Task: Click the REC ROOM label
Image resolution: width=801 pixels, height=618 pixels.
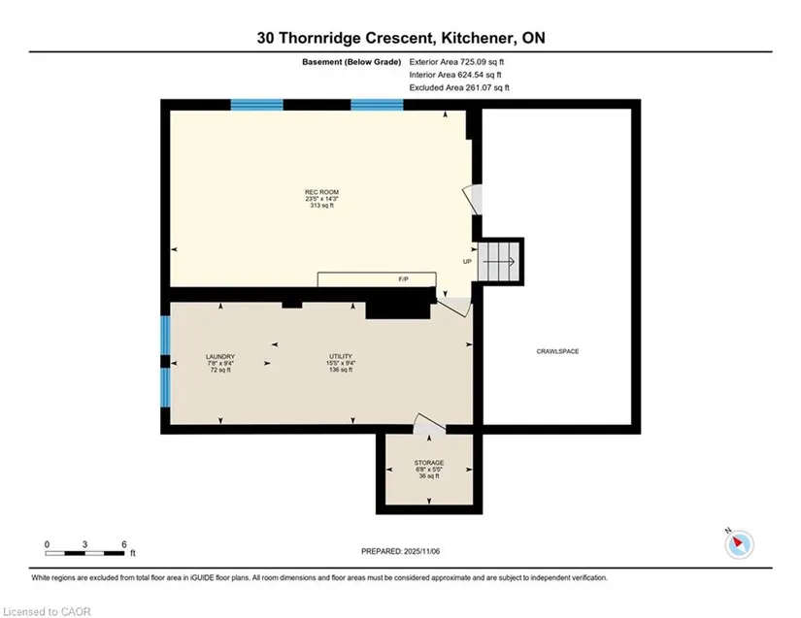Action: click(321, 192)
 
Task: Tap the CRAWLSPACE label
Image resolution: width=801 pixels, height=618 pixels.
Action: click(557, 351)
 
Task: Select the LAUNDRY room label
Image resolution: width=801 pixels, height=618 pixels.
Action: click(220, 356)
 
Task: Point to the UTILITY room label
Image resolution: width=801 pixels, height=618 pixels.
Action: click(341, 356)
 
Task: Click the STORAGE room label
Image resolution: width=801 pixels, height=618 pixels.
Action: click(429, 463)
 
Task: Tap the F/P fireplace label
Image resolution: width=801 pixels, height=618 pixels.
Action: click(403, 279)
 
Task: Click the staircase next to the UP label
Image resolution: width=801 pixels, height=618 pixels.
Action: click(499, 261)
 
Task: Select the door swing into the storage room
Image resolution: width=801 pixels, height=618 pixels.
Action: click(429, 424)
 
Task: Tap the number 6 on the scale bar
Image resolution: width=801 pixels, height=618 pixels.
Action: click(124, 544)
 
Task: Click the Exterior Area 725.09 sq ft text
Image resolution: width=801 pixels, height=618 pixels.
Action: click(456, 62)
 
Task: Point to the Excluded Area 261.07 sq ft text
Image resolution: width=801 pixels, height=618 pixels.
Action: click(459, 87)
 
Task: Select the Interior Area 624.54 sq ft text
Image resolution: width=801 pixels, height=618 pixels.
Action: click(455, 75)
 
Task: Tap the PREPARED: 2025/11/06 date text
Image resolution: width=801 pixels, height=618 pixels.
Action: click(400, 551)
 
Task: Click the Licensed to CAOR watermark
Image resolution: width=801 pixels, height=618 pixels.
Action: click(47, 611)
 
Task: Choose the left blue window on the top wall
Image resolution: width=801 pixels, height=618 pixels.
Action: click(257, 105)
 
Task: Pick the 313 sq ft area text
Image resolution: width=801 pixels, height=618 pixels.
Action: click(321, 205)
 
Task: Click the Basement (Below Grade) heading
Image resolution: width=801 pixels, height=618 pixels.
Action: click(351, 62)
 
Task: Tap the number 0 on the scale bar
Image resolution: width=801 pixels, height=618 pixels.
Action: click(47, 544)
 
